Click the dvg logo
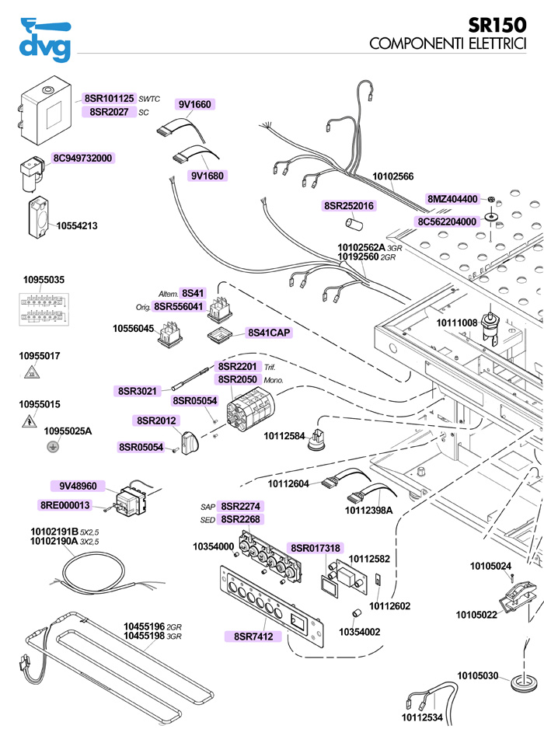point(45,40)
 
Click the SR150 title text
point(497,25)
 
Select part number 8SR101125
point(109,99)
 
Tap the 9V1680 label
point(207,176)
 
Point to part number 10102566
point(392,176)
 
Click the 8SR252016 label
point(349,206)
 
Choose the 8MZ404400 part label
point(452,198)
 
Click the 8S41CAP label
point(269,333)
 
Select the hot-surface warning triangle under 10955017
point(32,372)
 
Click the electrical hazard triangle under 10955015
point(30,421)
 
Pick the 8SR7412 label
point(253,637)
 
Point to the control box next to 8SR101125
point(45,110)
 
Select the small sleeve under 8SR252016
point(354,224)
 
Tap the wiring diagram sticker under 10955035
point(44,309)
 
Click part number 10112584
point(284,436)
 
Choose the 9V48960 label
point(78,486)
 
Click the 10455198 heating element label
point(144,637)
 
